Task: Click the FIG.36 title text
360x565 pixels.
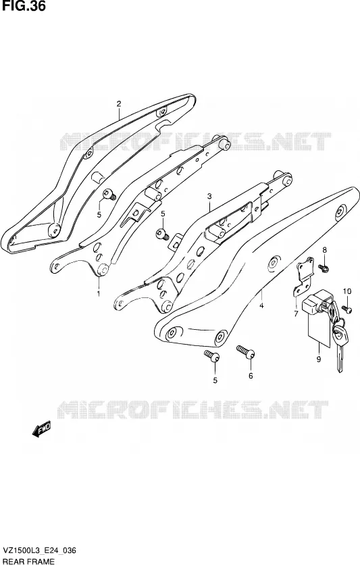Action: click(23, 6)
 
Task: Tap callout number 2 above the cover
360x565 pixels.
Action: click(119, 104)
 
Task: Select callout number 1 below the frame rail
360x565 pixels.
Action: click(99, 294)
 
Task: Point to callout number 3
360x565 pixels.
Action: click(209, 197)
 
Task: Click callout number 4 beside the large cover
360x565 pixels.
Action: click(261, 306)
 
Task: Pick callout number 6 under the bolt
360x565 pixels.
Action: click(251, 376)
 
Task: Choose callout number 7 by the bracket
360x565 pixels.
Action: click(296, 314)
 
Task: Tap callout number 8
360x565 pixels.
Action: click(324, 249)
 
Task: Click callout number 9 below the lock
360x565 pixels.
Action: click(319, 359)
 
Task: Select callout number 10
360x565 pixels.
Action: click(346, 291)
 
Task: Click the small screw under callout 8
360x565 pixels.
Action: click(324, 268)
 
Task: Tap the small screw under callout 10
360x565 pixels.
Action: click(347, 308)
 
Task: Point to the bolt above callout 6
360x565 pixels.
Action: click(246, 351)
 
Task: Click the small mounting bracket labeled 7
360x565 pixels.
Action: click(304, 276)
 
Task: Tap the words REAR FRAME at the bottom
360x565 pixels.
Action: click(28, 561)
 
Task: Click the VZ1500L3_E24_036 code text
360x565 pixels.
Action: click(39, 551)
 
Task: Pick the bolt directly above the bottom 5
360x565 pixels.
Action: click(212, 355)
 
